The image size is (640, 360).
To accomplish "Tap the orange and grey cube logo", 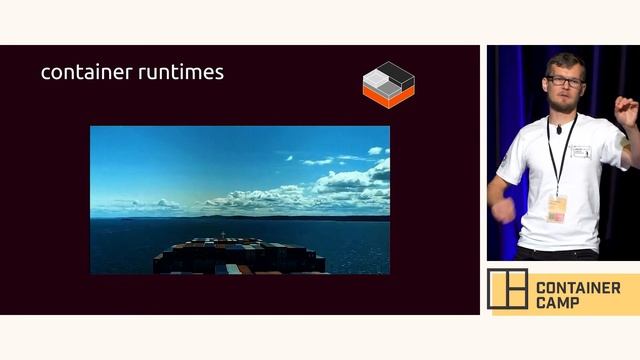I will click(388, 85).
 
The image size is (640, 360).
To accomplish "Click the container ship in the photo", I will click(240, 256).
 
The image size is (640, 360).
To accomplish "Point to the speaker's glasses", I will click(564, 81).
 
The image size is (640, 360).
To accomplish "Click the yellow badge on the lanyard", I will click(557, 207).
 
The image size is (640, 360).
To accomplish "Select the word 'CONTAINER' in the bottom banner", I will click(578, 288).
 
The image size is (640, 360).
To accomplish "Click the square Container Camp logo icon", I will click(507, 289).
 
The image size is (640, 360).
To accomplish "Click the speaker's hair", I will click(565, 62).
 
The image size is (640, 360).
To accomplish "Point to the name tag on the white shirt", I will click(581, 151).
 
